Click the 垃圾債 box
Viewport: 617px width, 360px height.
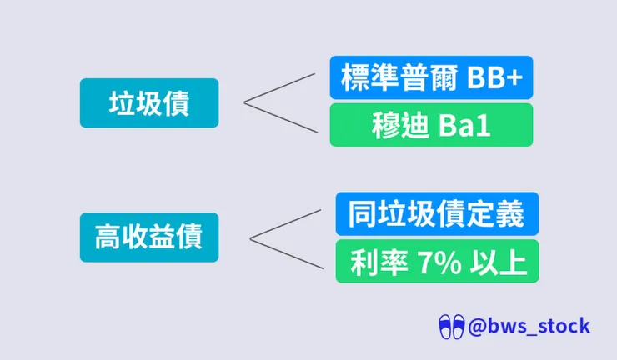point(149,103)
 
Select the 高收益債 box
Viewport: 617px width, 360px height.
point(149,237)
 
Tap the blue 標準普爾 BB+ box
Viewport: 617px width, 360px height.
point(431,77)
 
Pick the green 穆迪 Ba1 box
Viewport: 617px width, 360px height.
point(431,125)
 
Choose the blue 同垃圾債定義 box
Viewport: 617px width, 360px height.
point(437,213)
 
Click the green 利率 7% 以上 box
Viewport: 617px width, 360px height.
point(437,261)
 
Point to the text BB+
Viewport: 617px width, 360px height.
point(495,77)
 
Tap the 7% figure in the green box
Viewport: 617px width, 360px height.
point(439,262)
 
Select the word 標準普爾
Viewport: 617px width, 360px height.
point(399,77)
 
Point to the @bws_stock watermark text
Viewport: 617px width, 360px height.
point(529,327)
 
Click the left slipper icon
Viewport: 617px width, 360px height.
point(444,327)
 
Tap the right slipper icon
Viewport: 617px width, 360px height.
point(458,327)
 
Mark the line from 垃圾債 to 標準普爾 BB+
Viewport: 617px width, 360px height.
point(279,88)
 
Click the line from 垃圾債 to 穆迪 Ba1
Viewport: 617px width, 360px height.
point(280,117)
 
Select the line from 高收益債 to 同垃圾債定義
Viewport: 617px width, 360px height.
point(285,224)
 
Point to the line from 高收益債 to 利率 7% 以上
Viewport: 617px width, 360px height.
point(287,254)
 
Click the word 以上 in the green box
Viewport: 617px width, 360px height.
point(498,262)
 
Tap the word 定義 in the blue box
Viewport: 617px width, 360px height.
point(495,213)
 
